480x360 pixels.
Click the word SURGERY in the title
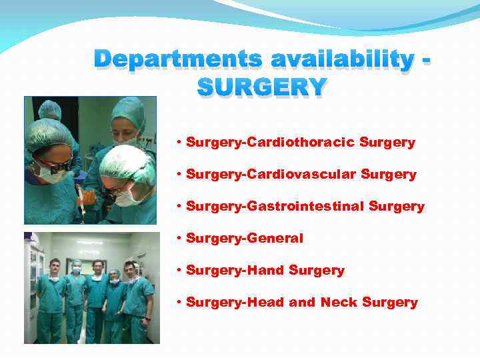coord(262,87)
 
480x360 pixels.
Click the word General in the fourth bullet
coord(275,239)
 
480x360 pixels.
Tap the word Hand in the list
coord(267,271)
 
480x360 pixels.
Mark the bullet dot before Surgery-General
coord(180,239)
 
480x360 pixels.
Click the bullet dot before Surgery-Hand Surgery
coord(180,271)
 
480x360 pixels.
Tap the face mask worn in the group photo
coord(77,270)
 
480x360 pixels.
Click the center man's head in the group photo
coord(97,267)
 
